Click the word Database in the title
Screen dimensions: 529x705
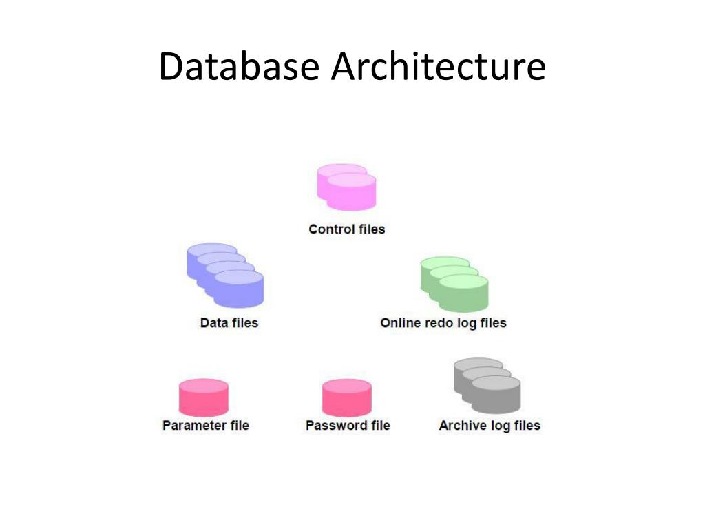239,68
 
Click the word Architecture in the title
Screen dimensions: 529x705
438,68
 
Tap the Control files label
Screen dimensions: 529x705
347,229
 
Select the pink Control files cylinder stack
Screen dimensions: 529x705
347,187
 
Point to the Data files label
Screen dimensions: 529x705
229,322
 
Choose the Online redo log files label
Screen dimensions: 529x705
443,322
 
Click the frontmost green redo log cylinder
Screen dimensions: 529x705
463,293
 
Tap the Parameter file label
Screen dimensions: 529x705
206,425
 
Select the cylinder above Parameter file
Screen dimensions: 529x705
203,398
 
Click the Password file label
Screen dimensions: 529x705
348,425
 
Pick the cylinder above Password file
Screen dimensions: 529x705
347,398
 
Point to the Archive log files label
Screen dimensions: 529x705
490,425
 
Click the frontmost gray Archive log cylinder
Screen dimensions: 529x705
496,395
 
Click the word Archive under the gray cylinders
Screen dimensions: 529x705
463,425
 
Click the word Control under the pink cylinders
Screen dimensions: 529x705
332,229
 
